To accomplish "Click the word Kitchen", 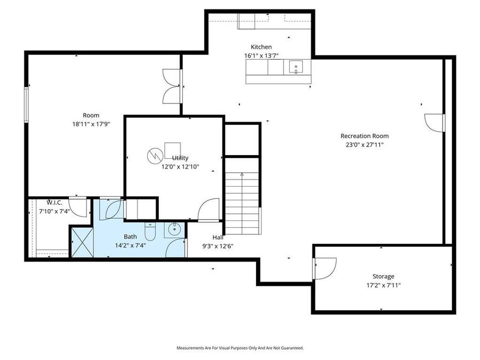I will click(x=261, y=47).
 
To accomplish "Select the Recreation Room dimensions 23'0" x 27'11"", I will click(x=364, y=144).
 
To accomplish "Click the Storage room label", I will click(x=383, y=276).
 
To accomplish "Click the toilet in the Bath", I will click(x=150, y=233).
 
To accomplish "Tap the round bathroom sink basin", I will click(x=173, y=230).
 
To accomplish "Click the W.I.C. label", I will click(x=55, y=203).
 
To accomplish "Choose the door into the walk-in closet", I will click(x=79, y=208).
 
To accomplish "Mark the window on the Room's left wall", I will click(x=26, y=105).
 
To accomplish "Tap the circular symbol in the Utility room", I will click(x=154, y=156).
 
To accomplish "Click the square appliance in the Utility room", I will click(x=172, y=150).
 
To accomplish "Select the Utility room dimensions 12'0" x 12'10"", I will click(x=180, y=166).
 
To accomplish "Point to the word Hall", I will click(x=218, y=237).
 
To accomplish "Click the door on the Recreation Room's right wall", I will click(x=435, y=123).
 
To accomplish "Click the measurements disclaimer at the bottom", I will click(x=240, y=348).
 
